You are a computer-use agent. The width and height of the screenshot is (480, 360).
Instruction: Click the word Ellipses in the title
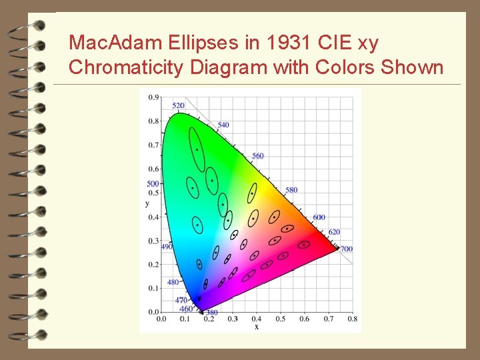(x=195, y=44)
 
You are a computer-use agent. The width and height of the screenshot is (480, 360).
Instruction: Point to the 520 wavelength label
(x=179, y=106)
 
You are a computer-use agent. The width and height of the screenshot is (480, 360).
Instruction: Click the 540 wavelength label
(x=223, y=125)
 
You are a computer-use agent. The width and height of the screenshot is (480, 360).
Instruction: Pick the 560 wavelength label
(x=257, y=156)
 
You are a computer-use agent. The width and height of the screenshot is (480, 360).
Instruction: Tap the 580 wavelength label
(x=291, y=190)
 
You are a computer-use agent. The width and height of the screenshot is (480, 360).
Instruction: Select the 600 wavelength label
(x=319, y=217)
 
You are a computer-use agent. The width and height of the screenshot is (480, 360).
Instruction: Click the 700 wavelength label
(x=346, y=249)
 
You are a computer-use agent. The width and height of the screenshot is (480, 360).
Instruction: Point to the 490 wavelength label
(x=167, y=247)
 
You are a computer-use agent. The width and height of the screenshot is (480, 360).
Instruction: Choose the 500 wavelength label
(x=153, y=184)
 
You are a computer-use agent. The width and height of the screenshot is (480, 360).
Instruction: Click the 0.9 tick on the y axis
(x=154, y=97)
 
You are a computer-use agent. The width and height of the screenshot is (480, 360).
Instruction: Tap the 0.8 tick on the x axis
(x=352, y=319)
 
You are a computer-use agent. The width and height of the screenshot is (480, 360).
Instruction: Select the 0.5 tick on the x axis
(x=281, y=319)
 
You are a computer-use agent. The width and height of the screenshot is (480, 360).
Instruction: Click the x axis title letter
(x=257, y=327)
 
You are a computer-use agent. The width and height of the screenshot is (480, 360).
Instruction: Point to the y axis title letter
(x=147, y=203)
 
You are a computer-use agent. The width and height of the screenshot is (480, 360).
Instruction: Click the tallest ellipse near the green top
(x=197, y=149)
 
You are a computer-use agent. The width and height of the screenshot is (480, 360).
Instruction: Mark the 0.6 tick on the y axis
(x=154, y=169)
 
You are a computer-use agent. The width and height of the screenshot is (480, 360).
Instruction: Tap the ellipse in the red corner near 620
(x=304, y=245)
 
